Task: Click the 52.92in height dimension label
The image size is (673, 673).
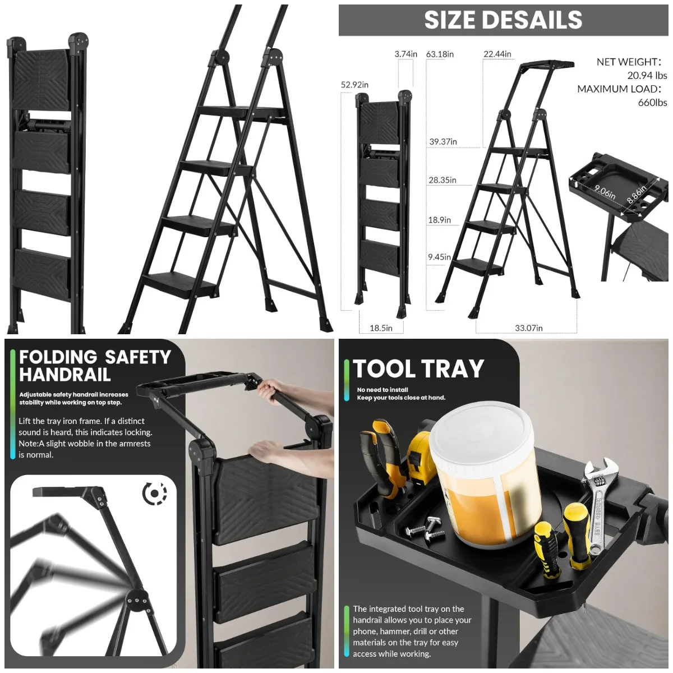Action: pyautogui.click(x=354, y=85)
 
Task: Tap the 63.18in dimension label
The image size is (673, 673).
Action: pyautogui.click(x=440, y=54)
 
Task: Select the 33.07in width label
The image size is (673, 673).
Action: pyautogui.click(x=528, y=328)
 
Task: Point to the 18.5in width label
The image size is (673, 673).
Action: pyautogui.click(x=381, y=328)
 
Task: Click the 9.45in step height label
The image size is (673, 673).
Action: pyautogui.click(x=439, y=257)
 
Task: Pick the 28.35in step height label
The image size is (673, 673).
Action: pyautogui.click(x=442, y=180)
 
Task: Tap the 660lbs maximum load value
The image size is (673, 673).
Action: pyautogui.click(x=652, y=103)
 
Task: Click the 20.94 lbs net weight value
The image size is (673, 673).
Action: pyautogui.click(x=647, y=75)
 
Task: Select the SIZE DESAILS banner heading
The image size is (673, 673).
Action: pyautogui.click(x=503, y=20)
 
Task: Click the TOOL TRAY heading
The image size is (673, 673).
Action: pyautogui.click(x=418, y=369)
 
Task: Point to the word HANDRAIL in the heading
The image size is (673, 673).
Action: pyautogui.click(x=65, y=375)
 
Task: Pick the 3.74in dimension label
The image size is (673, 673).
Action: pyautogui.click(x=405, y=54)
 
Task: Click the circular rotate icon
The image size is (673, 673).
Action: pyautogui.click(x=155, y=494)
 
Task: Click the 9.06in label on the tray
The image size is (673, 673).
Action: pyautogui.click(x=605, y=192)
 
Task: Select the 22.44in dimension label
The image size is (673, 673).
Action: pyautogui.click(x=497, y=54)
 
